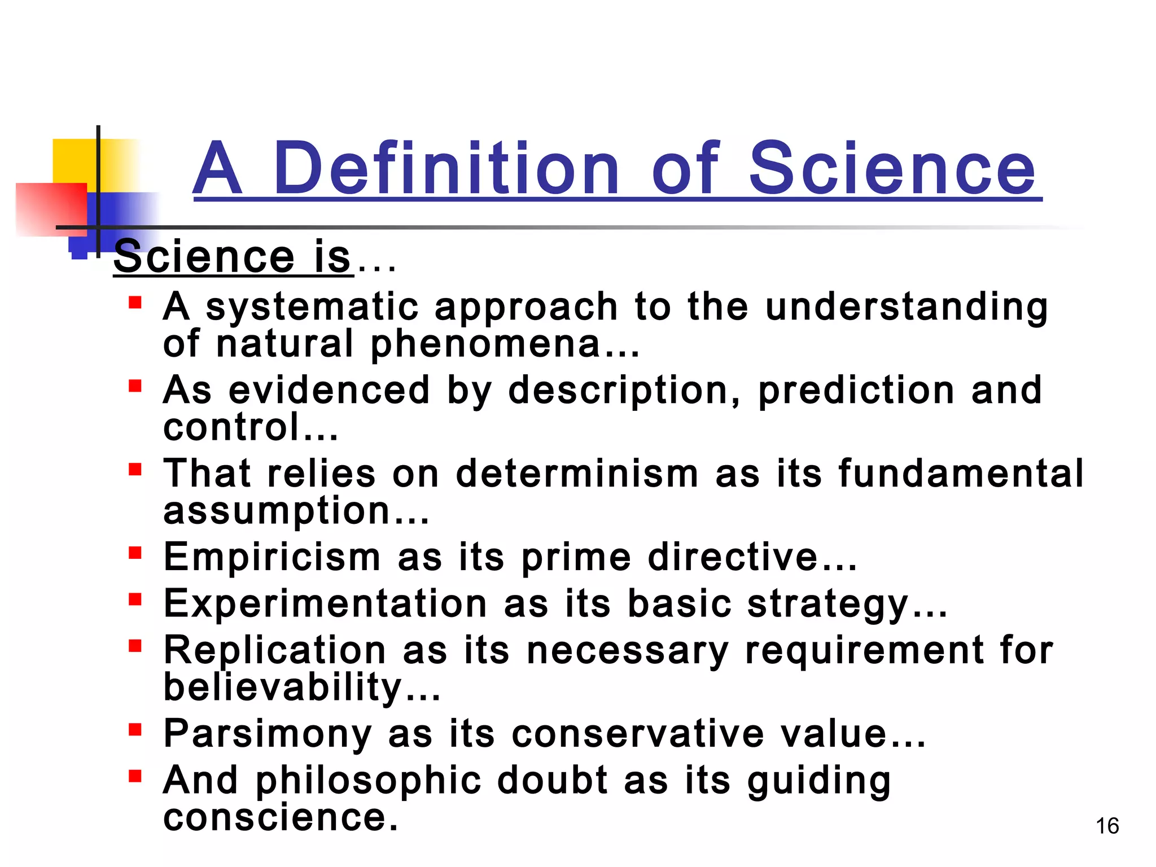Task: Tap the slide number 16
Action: (x=1107, y=826)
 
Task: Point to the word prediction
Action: (x=856, y=391)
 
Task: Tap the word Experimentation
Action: (x=325, y=603)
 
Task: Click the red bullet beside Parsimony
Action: (x=134, y=729)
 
